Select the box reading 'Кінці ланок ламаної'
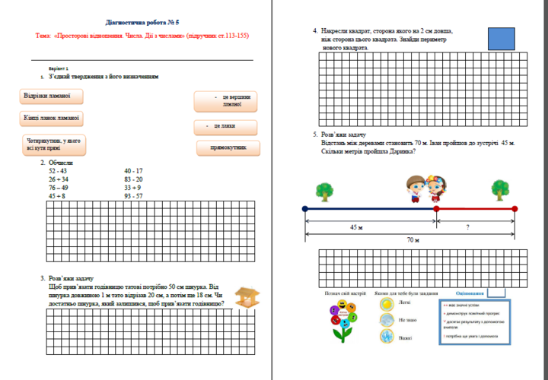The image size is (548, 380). [53, 118]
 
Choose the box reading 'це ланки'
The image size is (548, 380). [226, 126]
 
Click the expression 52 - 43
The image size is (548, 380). [58, 171]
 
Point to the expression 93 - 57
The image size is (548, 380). [133, 196]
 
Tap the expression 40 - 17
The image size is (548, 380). [133, 171]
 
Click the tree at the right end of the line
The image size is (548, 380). [500, 189]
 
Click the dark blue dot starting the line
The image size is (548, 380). [305, 208]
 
